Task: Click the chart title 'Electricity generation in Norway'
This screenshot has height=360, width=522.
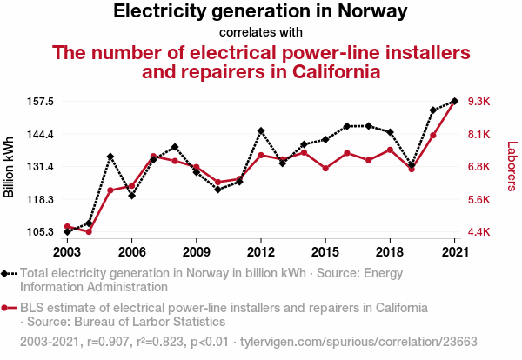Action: pos(260,12)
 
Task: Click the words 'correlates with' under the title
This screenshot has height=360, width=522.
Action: pos(260,32)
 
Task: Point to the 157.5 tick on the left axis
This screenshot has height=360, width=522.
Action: pos(39,102)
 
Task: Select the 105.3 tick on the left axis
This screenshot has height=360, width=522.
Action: pos(39,232)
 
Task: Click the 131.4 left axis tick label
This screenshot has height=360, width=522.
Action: pos(39,167)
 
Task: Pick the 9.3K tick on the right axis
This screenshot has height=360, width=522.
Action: pos(480,102)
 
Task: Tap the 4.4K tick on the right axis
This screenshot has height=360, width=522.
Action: pos(480,232)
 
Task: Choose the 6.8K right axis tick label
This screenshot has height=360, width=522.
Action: pos(480,167)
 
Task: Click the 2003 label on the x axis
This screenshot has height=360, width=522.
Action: pos(67,251)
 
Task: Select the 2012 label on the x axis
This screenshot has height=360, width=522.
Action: pos(261,251)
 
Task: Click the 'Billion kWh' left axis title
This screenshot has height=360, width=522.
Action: pos(10,167)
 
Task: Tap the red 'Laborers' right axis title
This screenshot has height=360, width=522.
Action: pos(512,167)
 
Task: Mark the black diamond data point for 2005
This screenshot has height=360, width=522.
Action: pos(110,157)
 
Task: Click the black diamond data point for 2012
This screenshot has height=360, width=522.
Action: pos(261,130)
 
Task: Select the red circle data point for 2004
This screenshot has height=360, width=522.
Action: pos(89,231)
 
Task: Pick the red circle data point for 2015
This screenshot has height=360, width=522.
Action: pos(325,168)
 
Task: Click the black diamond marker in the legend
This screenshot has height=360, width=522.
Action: pos(8,273)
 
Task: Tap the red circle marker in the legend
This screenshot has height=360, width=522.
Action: pos(8,308)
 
